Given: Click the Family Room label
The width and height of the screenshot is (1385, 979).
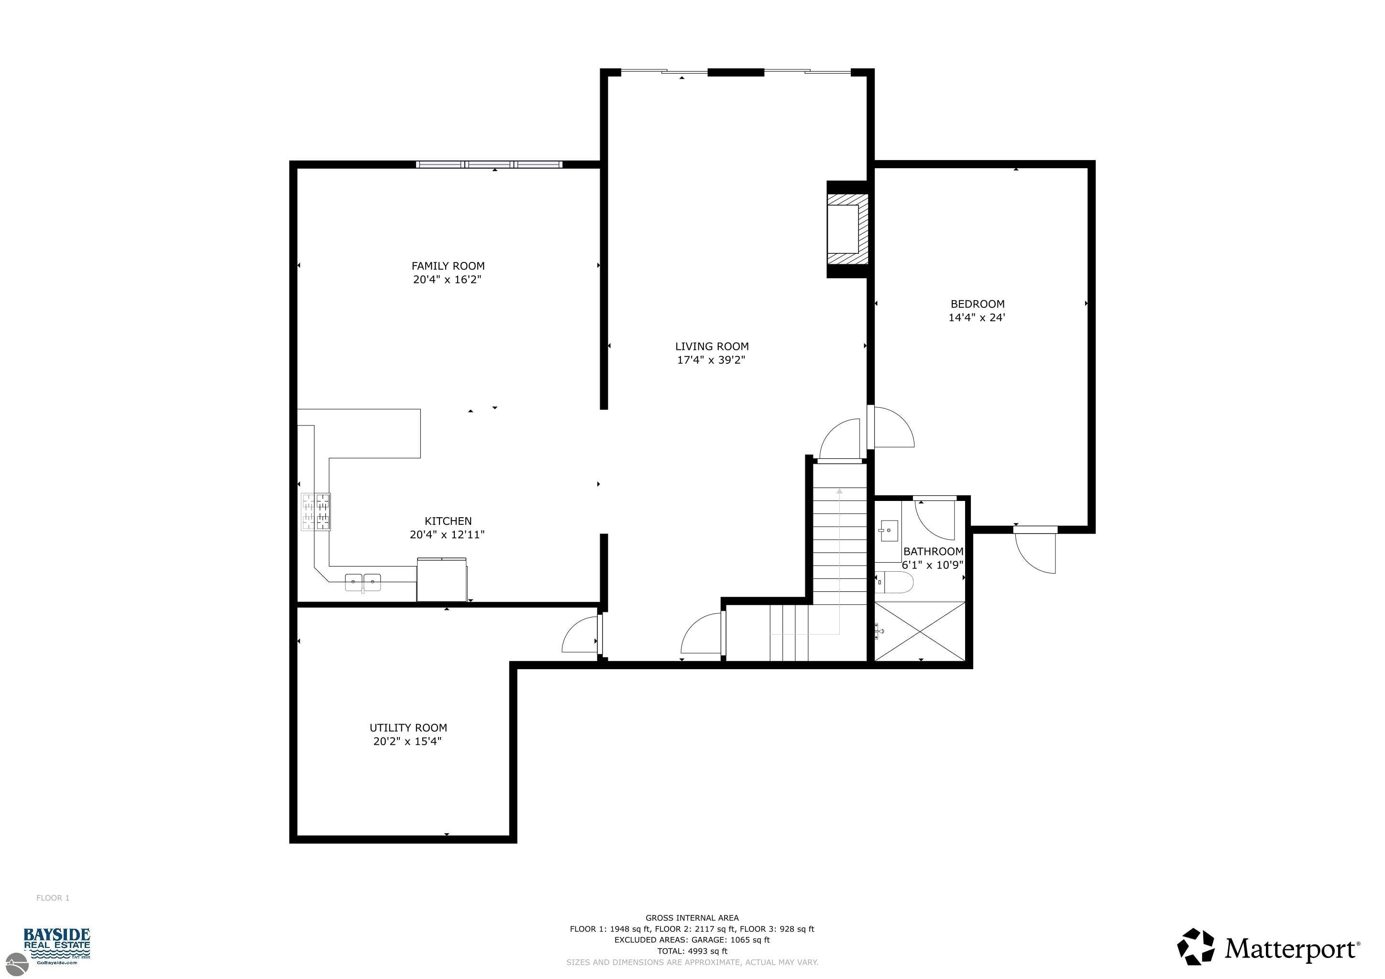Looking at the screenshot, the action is (x=448, y=266).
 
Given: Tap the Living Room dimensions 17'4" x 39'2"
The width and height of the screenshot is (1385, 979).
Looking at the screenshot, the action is (x=711, y=360).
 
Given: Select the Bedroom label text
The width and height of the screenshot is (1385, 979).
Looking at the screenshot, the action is (x=977, y=304).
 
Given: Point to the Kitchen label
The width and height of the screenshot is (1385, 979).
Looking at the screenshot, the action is (x=448, y=522).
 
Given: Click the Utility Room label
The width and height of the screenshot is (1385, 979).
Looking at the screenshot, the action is (x=408, y=728).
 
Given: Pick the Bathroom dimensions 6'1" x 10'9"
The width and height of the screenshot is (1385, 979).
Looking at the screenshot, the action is (x=933, y=566).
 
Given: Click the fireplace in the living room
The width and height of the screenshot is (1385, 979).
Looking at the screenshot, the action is (x=847, y=229).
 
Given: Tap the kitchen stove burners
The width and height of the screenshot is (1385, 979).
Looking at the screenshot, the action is (x=316, y=512).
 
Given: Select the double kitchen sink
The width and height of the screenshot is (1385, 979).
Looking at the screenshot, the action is (x=363, y=582).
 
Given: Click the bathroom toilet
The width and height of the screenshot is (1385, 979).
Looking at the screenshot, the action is (x=894, y=582).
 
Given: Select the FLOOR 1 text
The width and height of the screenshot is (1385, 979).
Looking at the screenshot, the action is (x=53, y=898).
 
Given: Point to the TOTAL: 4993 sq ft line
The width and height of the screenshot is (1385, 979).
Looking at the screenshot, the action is (x=692, y=951).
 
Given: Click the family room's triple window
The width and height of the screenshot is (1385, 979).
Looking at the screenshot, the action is (x=489, y=164).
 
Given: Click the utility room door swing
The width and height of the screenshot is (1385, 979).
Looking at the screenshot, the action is (x=580, y=635).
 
